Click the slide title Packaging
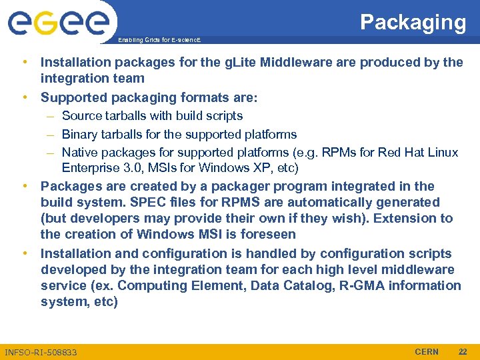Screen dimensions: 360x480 (413, 22)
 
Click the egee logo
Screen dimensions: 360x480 (58, 24)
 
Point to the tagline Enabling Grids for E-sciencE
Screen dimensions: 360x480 (159, 40)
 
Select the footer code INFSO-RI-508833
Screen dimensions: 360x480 (41, 352)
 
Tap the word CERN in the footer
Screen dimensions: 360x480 (427, 351)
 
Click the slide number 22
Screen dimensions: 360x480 (463, 351)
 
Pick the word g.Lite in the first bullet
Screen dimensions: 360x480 (239, 62)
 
